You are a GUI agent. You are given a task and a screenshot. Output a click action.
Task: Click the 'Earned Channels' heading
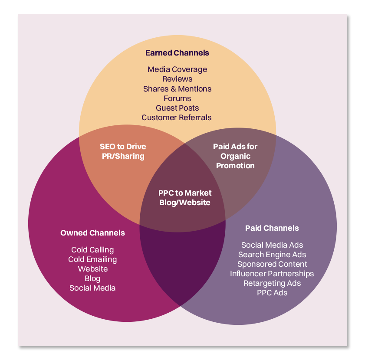pos(177,53)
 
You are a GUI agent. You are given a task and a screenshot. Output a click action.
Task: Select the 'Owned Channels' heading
pos(92,233)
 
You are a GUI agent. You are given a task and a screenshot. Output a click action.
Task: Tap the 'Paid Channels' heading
pos(272,228)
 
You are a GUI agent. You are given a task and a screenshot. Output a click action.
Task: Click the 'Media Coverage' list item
pos(177,69)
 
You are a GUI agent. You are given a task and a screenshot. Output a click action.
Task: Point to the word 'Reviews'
pos(177,79)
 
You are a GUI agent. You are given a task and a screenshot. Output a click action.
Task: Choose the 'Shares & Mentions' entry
pos(177,88)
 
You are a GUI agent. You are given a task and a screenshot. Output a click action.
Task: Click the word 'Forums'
pos(177,98)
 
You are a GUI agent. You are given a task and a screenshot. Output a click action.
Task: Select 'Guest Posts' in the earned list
pos(177,108)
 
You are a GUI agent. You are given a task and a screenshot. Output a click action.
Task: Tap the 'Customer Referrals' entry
pos(177,117)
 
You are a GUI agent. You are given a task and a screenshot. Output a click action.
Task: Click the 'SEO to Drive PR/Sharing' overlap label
pos(123,151)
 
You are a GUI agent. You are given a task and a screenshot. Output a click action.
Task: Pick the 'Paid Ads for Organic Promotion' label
pos(235,156)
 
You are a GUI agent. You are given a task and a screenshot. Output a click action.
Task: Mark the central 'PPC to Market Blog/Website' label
pos(185,197)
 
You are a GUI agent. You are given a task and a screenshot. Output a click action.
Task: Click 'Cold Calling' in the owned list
pos(92,250)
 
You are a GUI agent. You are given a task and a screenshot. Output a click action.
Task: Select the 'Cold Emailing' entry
pos(92,259)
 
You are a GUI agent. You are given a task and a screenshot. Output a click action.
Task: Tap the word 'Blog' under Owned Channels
pos(92,278)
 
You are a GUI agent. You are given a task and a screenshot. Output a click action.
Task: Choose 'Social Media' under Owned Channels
pos(92,288)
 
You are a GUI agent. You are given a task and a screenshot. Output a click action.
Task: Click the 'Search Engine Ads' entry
pos(272,255)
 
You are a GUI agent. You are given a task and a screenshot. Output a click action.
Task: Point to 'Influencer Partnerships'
pos(272,274)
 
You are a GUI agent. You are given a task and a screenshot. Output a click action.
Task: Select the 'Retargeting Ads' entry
pos(272,283)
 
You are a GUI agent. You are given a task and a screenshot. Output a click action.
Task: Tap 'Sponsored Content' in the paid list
pos(272,264)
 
